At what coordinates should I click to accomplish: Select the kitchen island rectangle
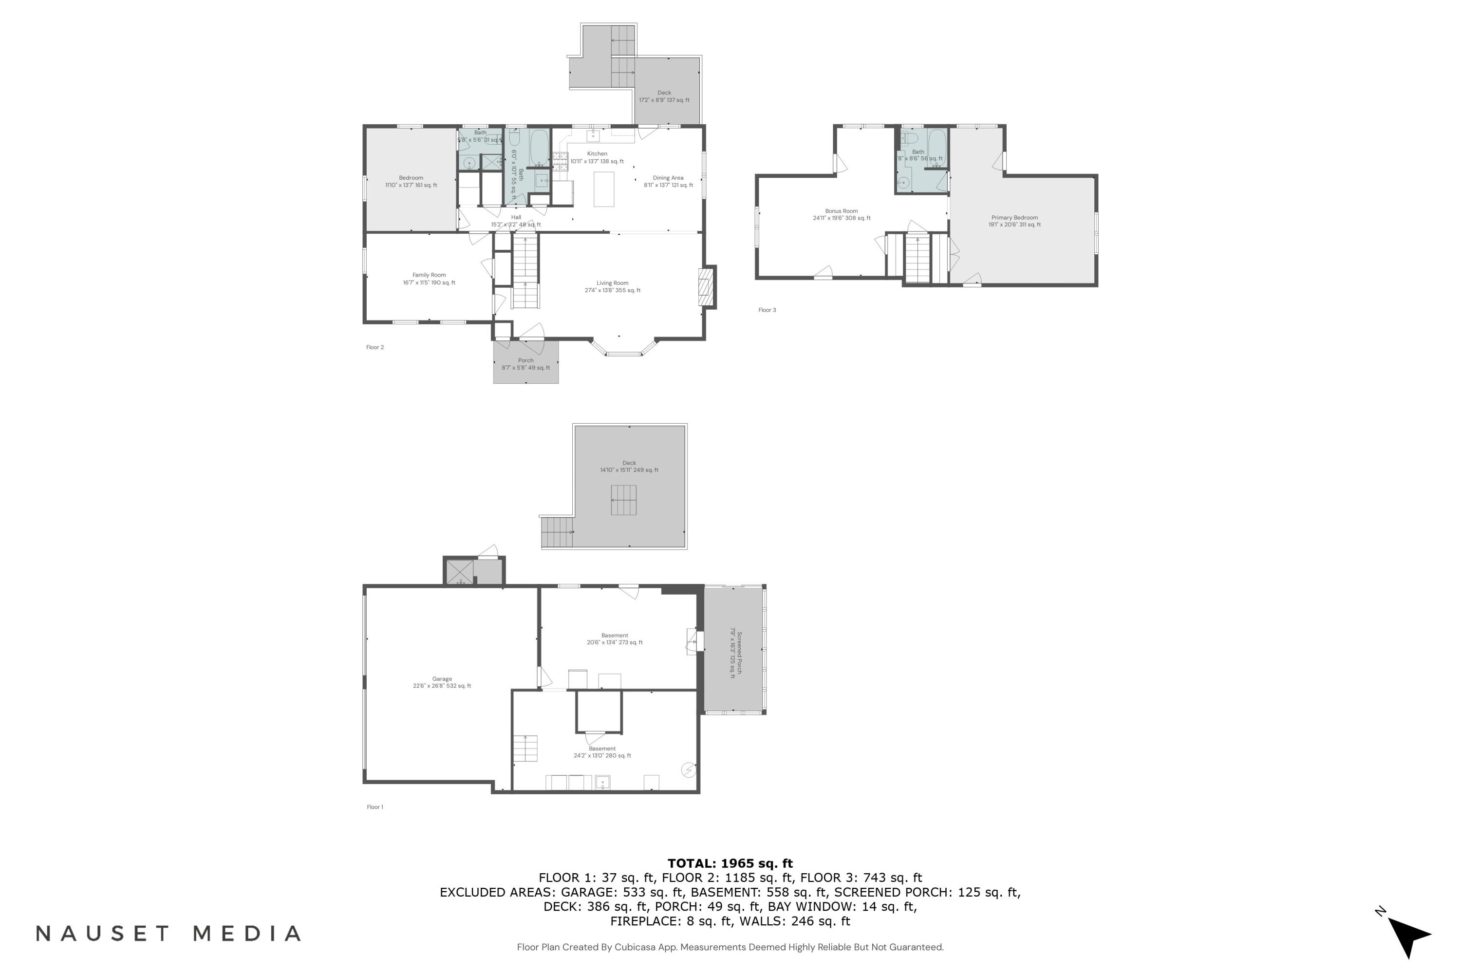pyautogui.click(x=603, y=189)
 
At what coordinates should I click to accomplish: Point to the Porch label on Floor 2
pyautogui.click(x=525, y=364)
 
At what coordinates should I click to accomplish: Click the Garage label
pyautogui.click(x=442, y=682)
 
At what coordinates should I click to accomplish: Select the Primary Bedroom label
pyautogui.click(x=1014, y=221)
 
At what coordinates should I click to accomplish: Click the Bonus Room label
pyautogui.click(x=841, y=214)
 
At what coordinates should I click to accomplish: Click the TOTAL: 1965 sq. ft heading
pyautogui.click(x=730, y=863)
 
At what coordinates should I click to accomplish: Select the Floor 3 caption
pyautogui.click(x=767, y=310)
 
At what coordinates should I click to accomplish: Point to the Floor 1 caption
pyautogui.click(x=375, y=807)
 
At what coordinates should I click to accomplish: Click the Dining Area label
pyautogui.click(x=668, y=181)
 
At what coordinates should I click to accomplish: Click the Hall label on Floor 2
pyautogui.click(x=516, y=221)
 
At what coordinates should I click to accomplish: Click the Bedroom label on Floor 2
pyautogui.click(x=411, y=181)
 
